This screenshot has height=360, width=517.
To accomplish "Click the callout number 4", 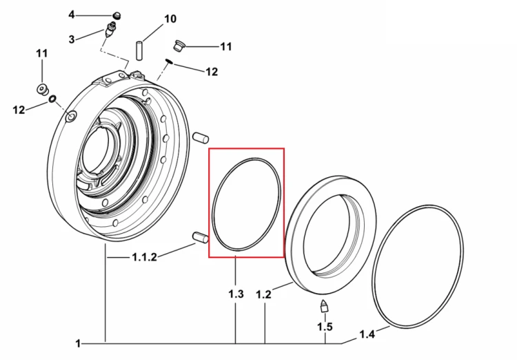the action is [x=72, y=15].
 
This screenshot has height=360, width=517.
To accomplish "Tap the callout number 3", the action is [x=72, y=39].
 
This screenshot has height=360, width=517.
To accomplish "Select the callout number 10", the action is [x=170, y=19].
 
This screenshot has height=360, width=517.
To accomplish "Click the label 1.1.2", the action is [x=145, y=257].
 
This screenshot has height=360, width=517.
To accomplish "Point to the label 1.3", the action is [x=236, y=293].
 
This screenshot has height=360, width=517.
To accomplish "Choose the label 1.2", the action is [x=264, y=294].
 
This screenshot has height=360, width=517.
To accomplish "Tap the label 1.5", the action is [x=325, y=327].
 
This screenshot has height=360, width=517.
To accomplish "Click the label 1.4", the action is [x=367, y=334].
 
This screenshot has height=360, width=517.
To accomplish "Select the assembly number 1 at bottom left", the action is [x=78, y=343].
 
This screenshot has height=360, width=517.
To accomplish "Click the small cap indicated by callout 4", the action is [x=116, y=15].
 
